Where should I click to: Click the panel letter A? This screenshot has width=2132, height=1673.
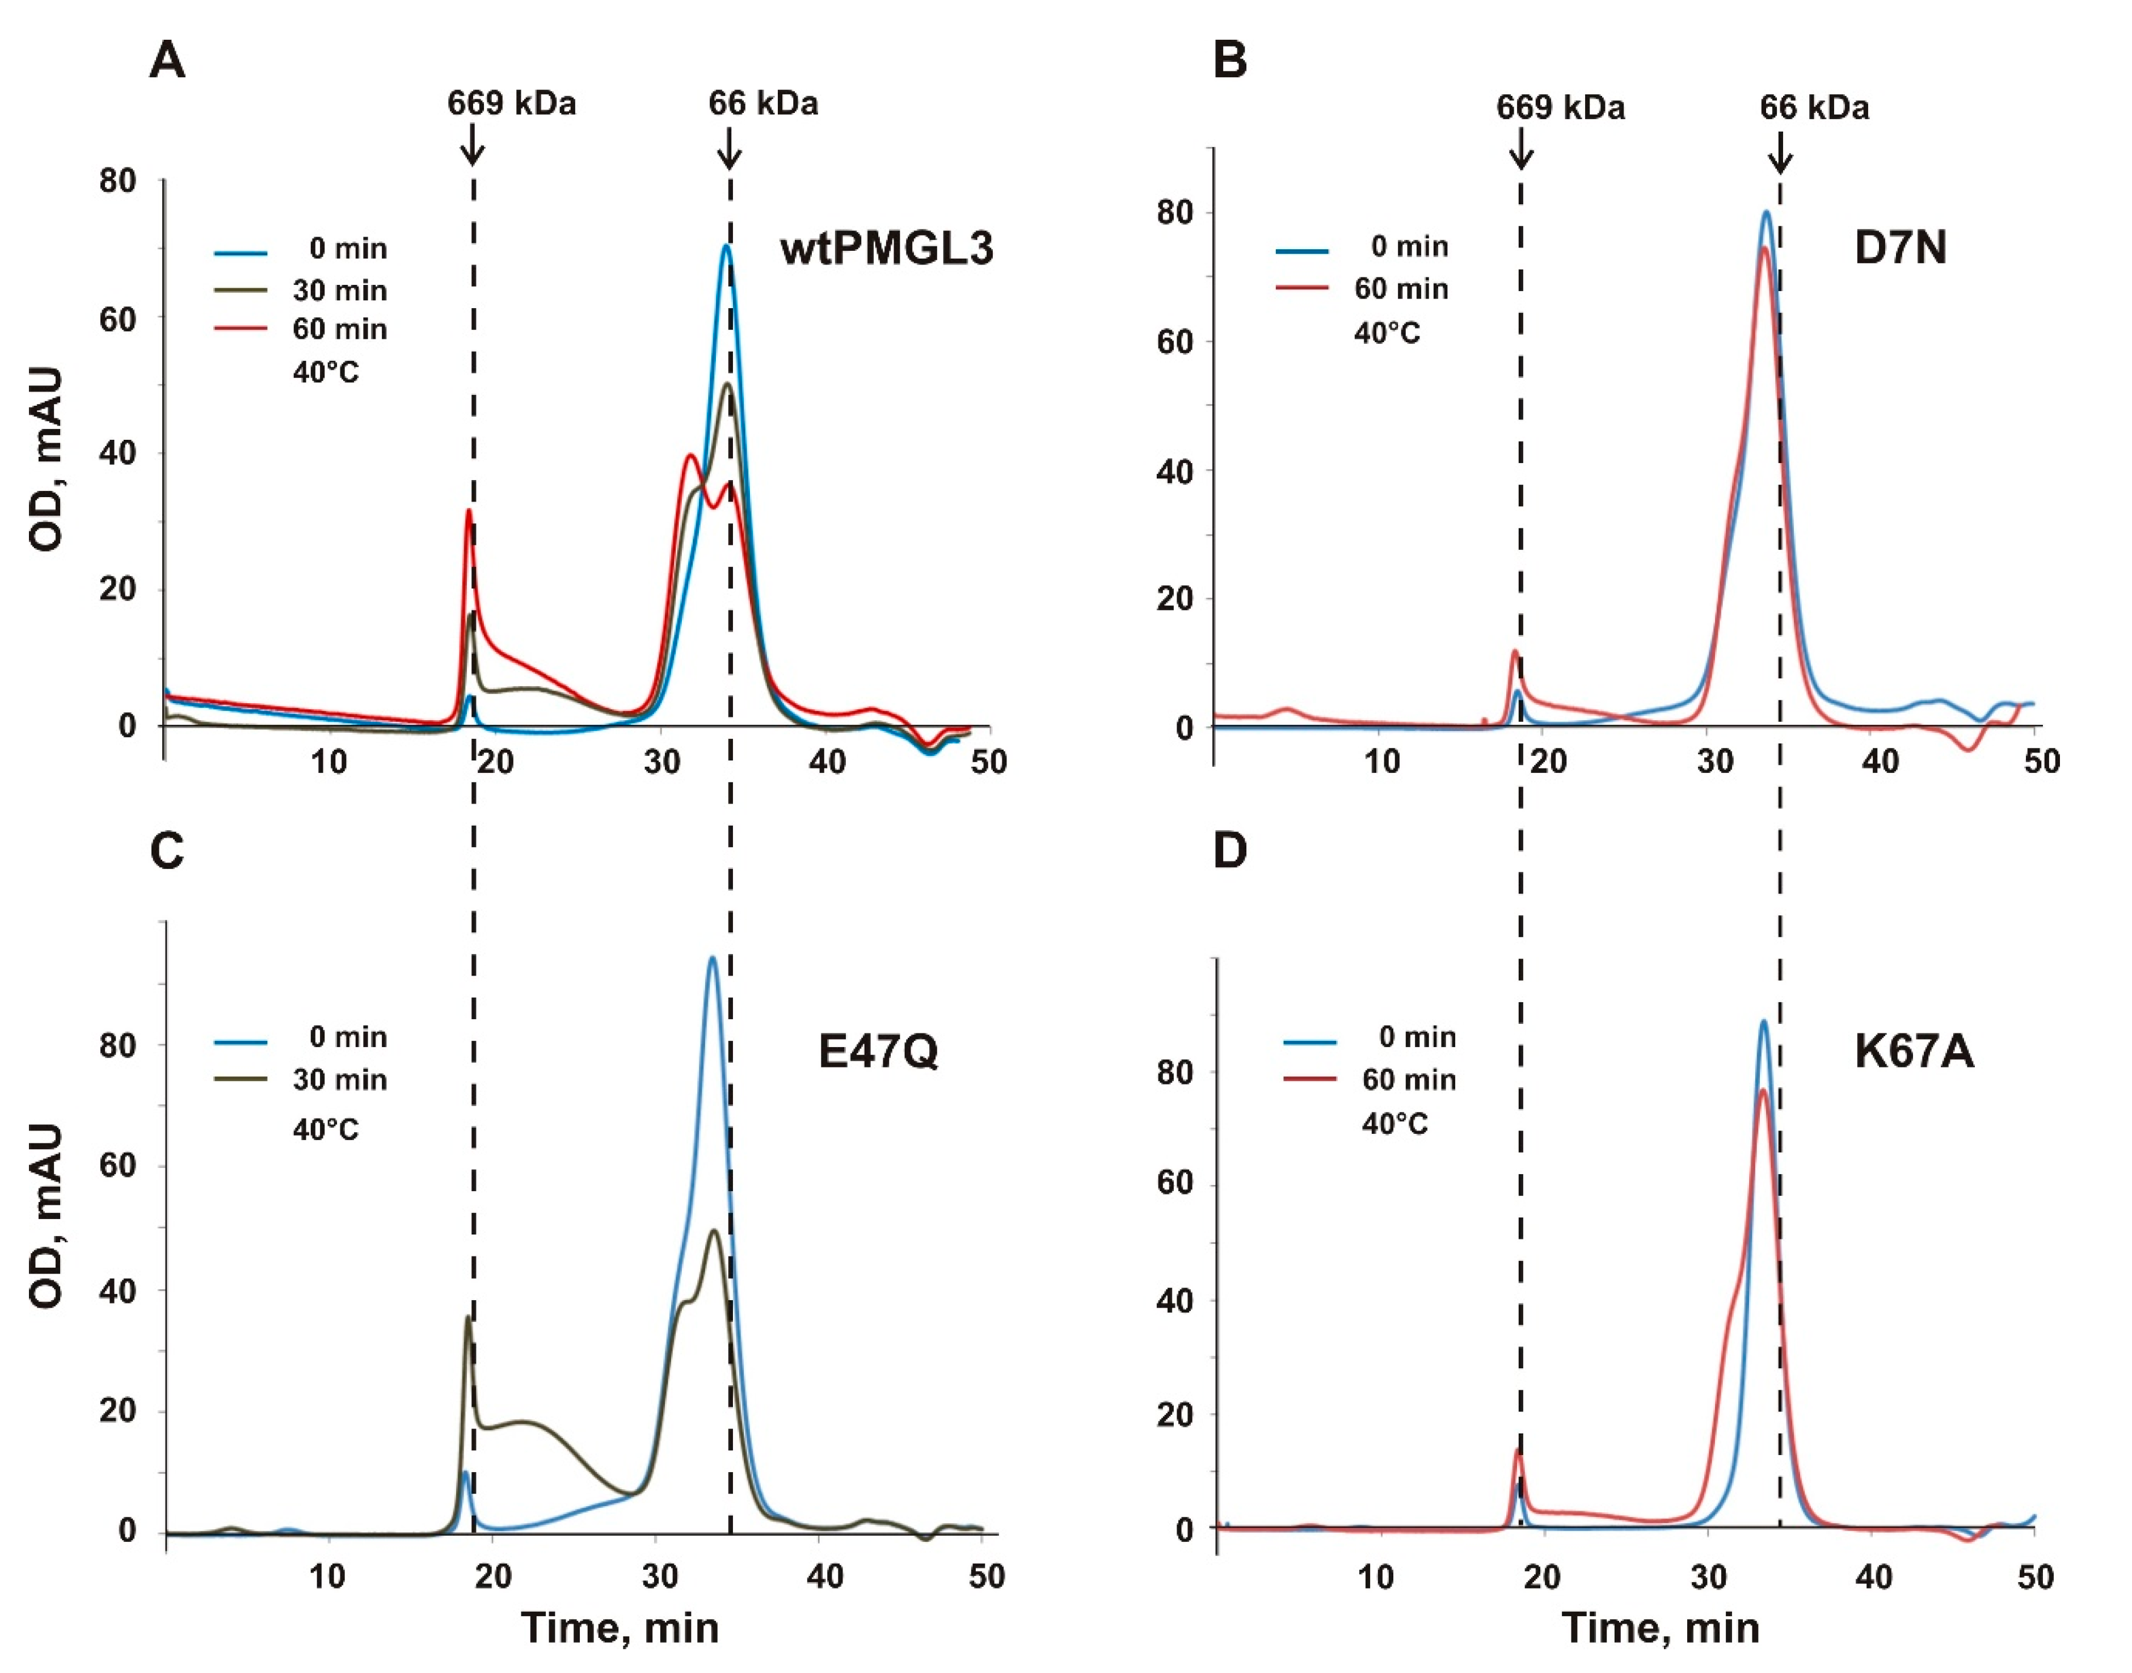[x=167, y=62]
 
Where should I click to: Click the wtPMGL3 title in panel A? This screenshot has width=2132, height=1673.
[x=886, y=249]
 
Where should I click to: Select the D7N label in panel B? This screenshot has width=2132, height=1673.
[x=1900, y=248]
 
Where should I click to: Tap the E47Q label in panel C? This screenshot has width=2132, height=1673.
[x=878, y=1051]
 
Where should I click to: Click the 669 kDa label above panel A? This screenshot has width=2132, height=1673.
[x=511, y=103]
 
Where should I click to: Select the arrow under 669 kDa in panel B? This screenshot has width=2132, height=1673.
[x=1521, y=152]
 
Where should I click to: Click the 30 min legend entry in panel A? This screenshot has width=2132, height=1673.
[x=339, y=291]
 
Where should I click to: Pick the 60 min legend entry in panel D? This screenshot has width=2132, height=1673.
[x=1408, y=1079]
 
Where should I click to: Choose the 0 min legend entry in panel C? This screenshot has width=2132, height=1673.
[x=348, y=1036]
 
